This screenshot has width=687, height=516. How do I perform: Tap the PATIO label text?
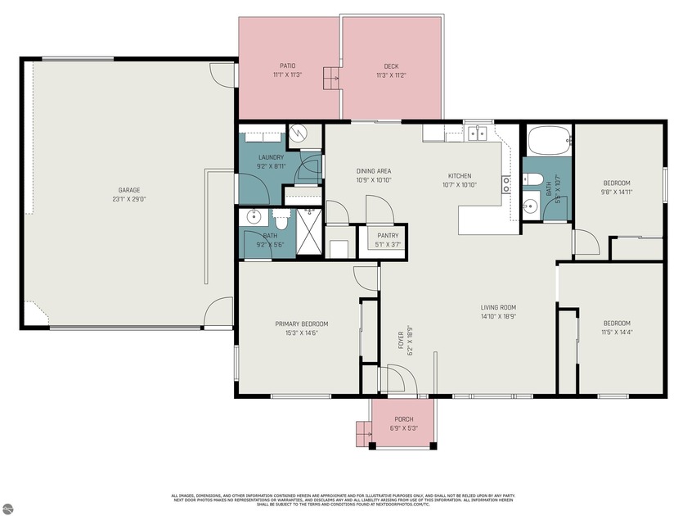click(287, 66)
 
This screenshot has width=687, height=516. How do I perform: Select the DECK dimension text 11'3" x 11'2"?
click(391, 75)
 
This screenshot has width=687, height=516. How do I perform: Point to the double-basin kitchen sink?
click(475, 133)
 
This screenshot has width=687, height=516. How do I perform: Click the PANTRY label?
click(388, 235)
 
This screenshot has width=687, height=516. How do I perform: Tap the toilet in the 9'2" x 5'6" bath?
click(281, 220)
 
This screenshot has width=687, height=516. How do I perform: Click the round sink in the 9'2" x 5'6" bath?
click(253, 218)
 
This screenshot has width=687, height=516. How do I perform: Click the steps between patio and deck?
click(330, 78)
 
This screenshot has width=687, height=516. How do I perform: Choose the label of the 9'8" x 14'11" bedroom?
click(617, 183)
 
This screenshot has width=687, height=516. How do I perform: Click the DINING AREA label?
click(373, 171)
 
